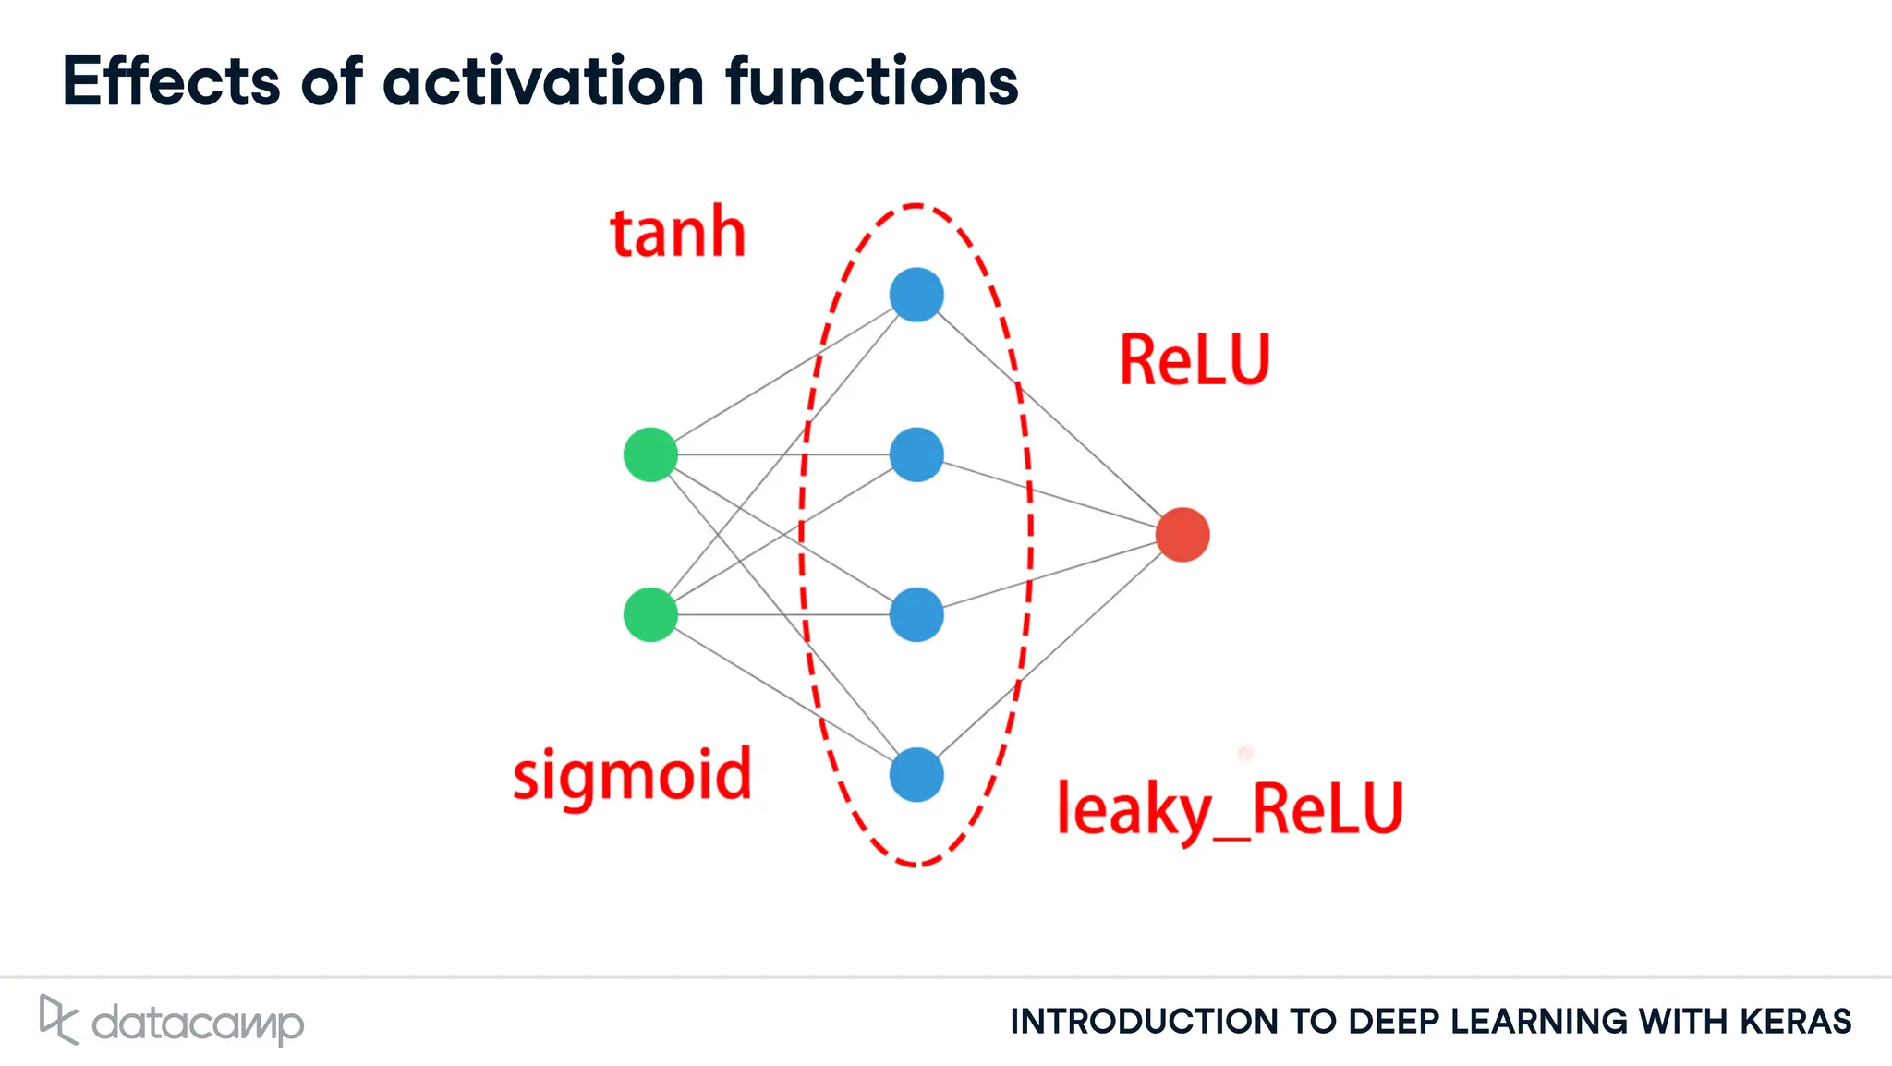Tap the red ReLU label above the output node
[1195, 360]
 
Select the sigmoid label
[632, 776]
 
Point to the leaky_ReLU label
[1230, 809]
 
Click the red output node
[1182, 534]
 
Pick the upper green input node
[650, 454]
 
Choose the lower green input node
[650, 614]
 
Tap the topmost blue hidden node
[916, 295]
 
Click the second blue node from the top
[916, 454]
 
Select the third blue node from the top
[916, 614]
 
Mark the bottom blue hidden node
[916, 774]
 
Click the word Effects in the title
[171, 81]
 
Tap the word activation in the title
[544, 81]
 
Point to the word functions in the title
[871, 81]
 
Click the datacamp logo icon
[58, 1019]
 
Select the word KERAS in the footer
[1796, 1022]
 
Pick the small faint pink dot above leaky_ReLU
[1245, 753]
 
